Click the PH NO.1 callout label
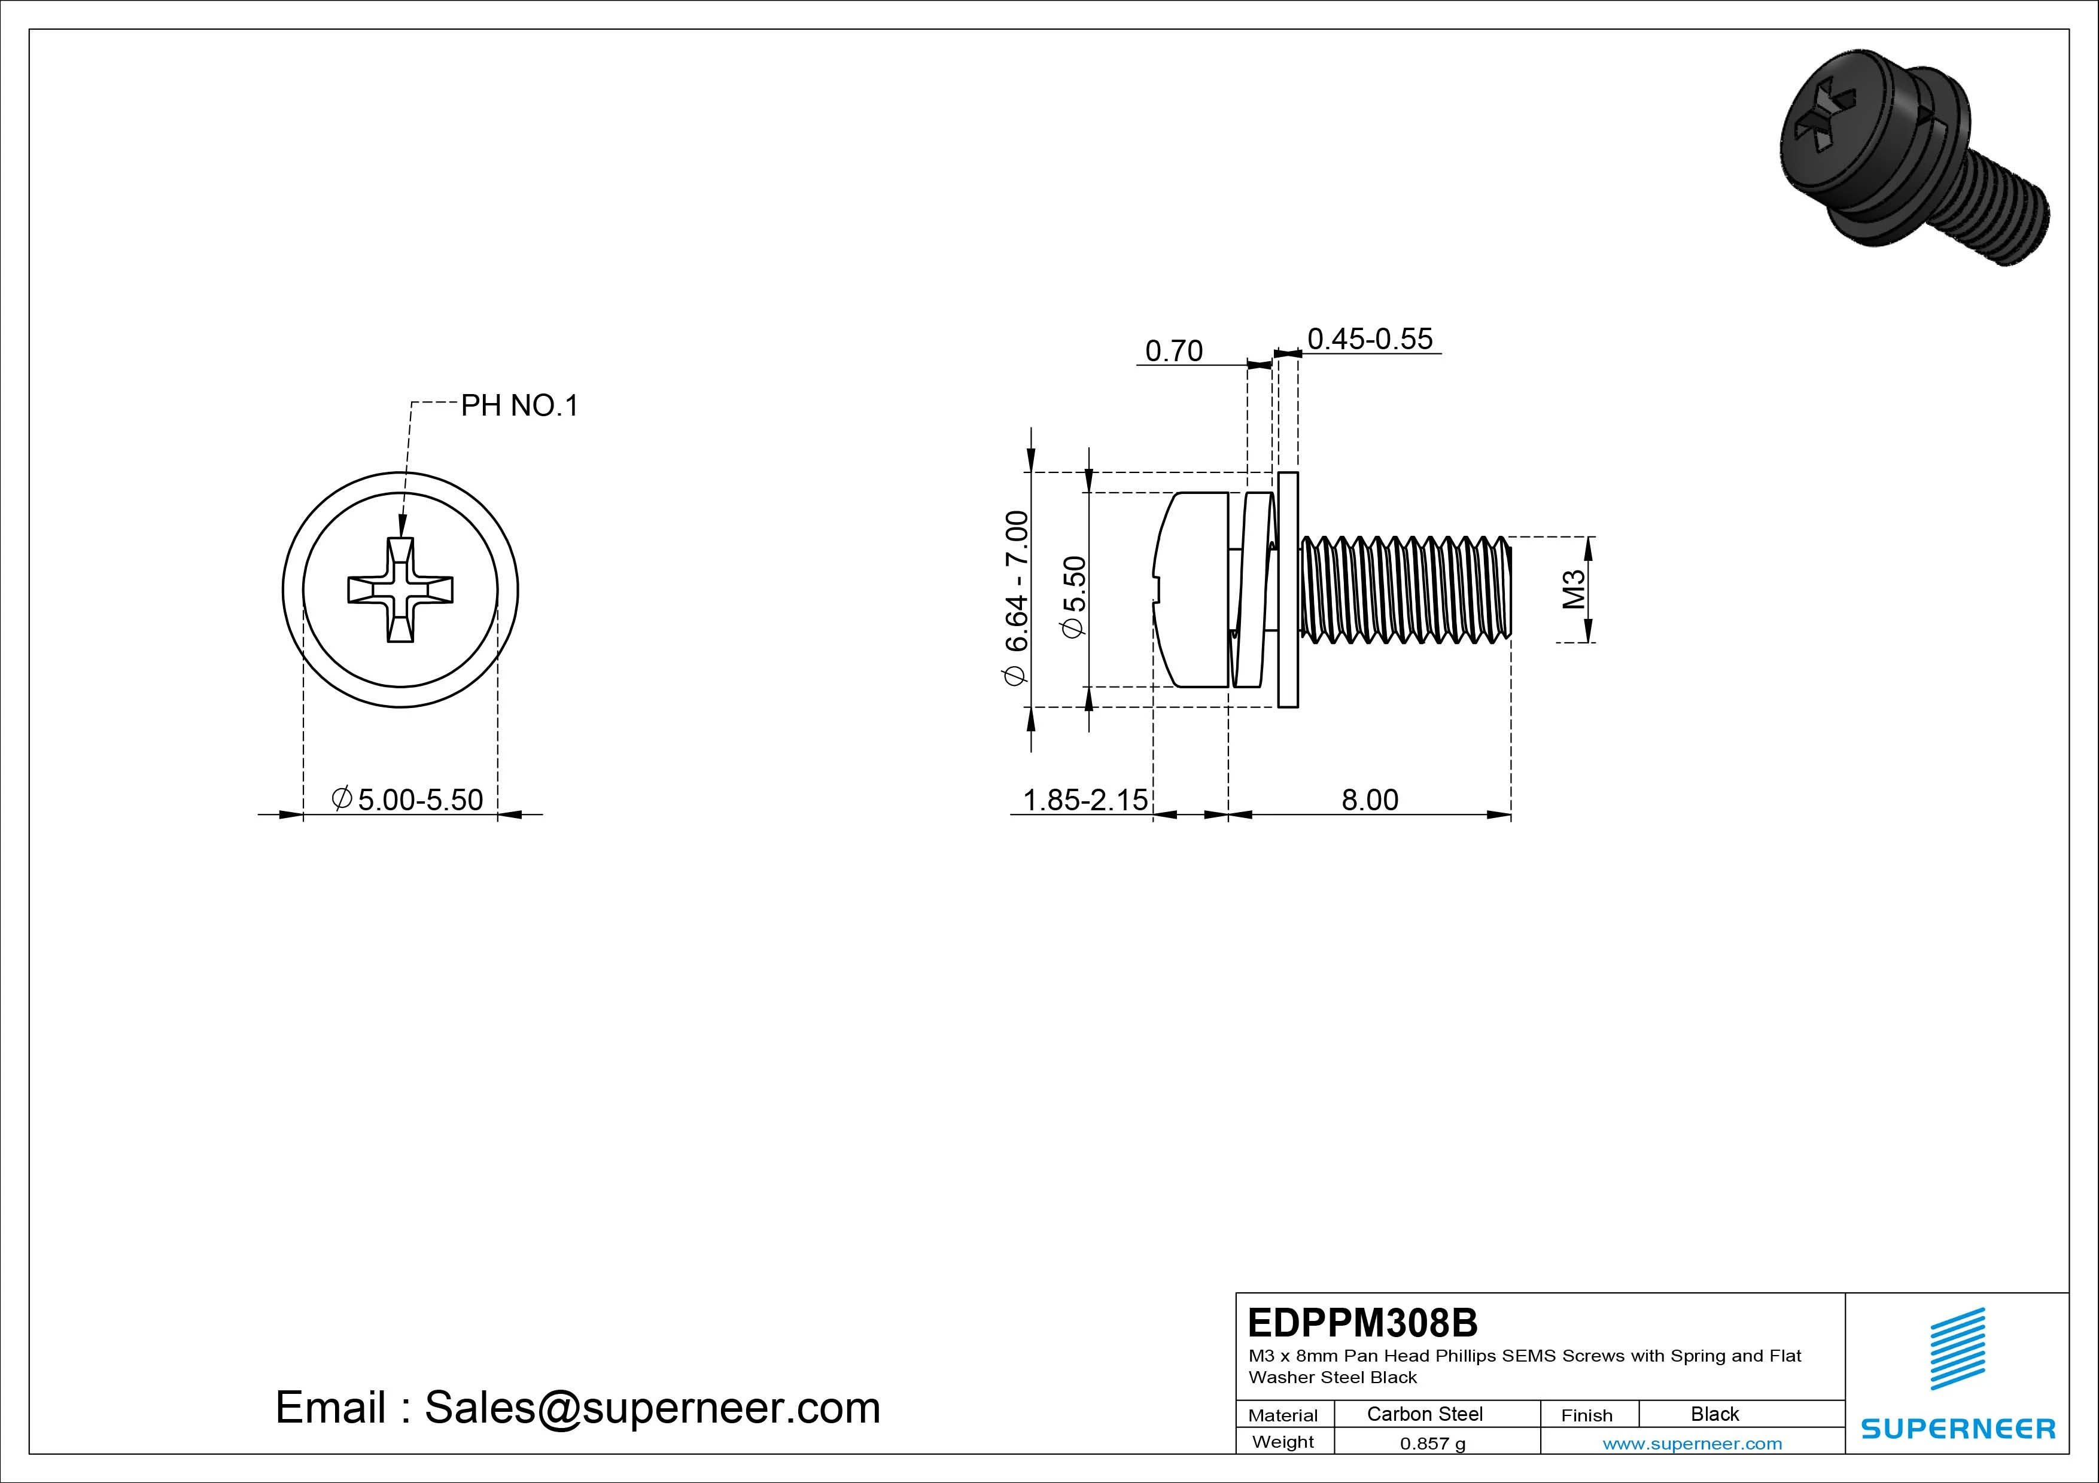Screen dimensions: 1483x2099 519,405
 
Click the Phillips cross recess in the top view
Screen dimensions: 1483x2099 400,590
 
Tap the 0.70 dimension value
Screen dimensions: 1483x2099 1174,351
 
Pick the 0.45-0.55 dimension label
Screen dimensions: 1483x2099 1370,339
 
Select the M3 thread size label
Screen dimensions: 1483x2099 1572,590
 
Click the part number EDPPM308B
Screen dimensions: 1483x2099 1362,1322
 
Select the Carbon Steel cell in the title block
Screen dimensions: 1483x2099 1424,1414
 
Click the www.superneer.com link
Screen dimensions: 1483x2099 1692,1444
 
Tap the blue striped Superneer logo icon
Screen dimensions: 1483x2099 1957,1348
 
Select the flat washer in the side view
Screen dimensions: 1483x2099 1287,590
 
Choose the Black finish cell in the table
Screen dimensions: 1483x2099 1714,1414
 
